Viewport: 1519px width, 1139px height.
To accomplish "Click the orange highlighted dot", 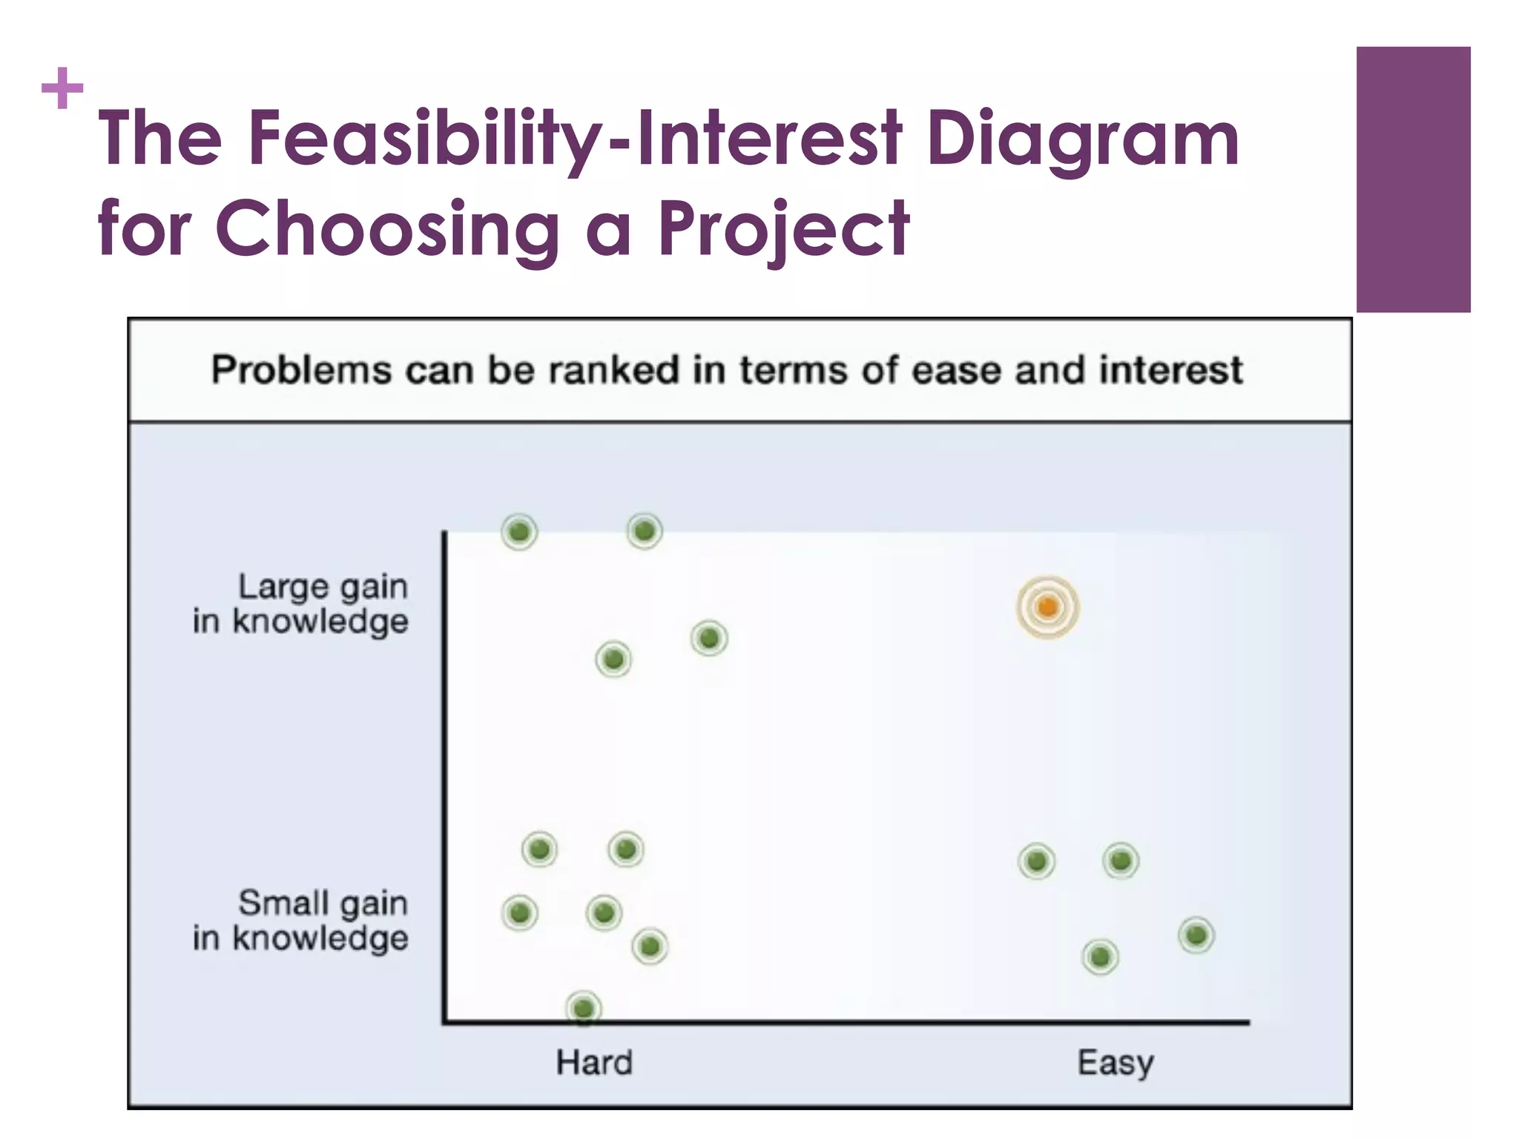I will pyautogui.click(x=1047, y=607).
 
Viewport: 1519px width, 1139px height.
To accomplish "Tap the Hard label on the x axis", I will pyautogui.click(x=594, y=1063).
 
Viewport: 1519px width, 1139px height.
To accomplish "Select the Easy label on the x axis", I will pyautogui.click(x=1115, y=1063).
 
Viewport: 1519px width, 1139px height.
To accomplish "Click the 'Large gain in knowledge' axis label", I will pyautogui.click(x=301, y=604).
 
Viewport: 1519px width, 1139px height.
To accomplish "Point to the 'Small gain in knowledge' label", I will pyautogui.click(x=301, y=920).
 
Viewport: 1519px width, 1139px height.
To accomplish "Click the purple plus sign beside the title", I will pyautogui.click(x=62, y=88).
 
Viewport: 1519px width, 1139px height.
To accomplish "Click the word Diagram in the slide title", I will pyautogui.click(x=1082, y=138).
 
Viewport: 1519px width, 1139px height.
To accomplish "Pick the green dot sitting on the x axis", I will pyautogui.click(x=584, y=1008).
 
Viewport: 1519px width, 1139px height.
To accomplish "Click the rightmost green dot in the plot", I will pyautogui.click(x=1196, y=935).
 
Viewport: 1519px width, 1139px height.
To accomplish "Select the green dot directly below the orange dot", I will pyautogui.click(x=1036, y=861).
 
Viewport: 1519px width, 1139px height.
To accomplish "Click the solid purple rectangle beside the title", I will pyautogui.click(x=1413, y=179).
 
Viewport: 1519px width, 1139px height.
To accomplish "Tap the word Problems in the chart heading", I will pyautogui.click(x=301, y=369).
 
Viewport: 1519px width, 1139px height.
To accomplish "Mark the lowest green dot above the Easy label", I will pyautogui.click(x=1100, y=957).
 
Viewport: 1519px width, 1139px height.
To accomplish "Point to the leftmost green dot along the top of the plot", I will pyautogui.click(x=519, y=532).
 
